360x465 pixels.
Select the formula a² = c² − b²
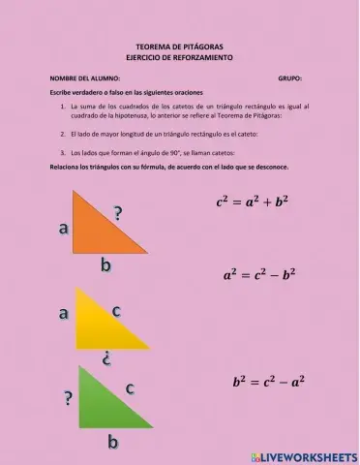(258, 275)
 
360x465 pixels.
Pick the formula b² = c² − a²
(268, 382)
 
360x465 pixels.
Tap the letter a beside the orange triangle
(63, 229)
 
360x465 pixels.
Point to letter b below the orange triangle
(105, 264)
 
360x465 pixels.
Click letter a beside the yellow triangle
(64, 313)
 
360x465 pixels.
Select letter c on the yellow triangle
(116, 310)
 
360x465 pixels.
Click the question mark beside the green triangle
(68, 397)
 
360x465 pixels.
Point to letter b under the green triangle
(112, 443)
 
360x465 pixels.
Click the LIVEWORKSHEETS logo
(303, 455)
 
